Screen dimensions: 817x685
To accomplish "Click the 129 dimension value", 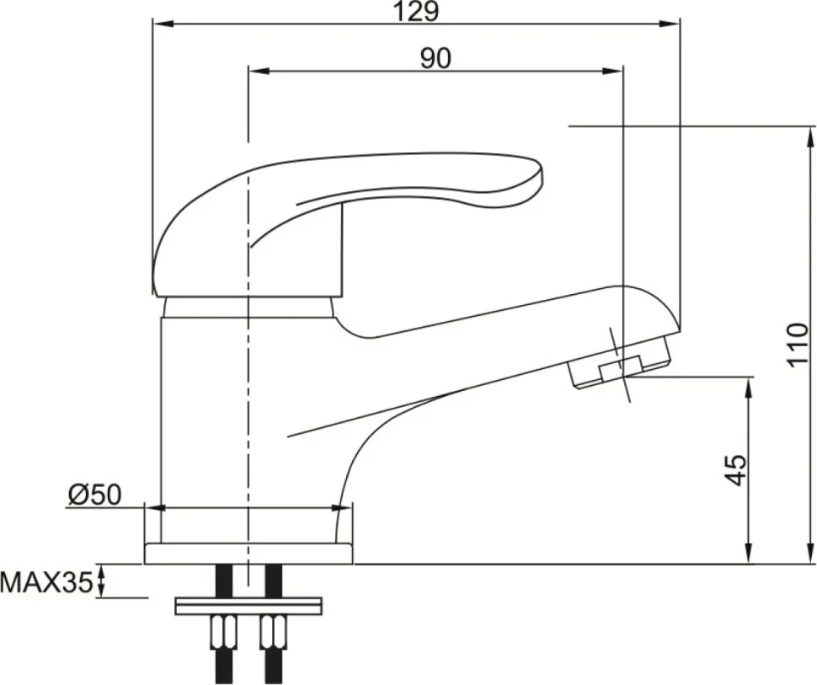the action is click(416, 12).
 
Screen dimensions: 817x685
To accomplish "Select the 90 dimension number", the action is click(435, 58).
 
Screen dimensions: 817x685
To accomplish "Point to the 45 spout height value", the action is click(735, 469).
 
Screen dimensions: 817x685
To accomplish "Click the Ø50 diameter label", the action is click(94, 495).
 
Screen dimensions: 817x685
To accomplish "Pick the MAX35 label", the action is click(47, 581).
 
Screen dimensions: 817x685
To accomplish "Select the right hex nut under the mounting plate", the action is click(273, 632).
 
